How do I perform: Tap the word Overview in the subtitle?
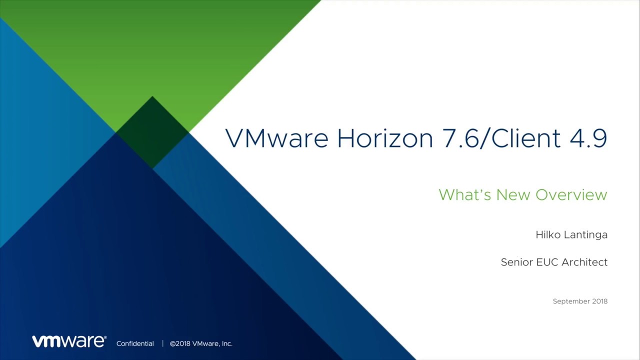click(x=571, y=194)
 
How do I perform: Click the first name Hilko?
click(x=547, y=234)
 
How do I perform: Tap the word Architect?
click(x=584, y=262)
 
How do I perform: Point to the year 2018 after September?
click(x=599, y=301)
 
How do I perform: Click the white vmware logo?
click(x=69, y=341)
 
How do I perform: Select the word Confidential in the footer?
click(x=135, y=343)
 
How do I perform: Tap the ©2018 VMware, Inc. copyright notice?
click(x=201, y=343)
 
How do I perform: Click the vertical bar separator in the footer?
click(x=162, y=343)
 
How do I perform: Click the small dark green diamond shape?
click(x=152, y=132)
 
